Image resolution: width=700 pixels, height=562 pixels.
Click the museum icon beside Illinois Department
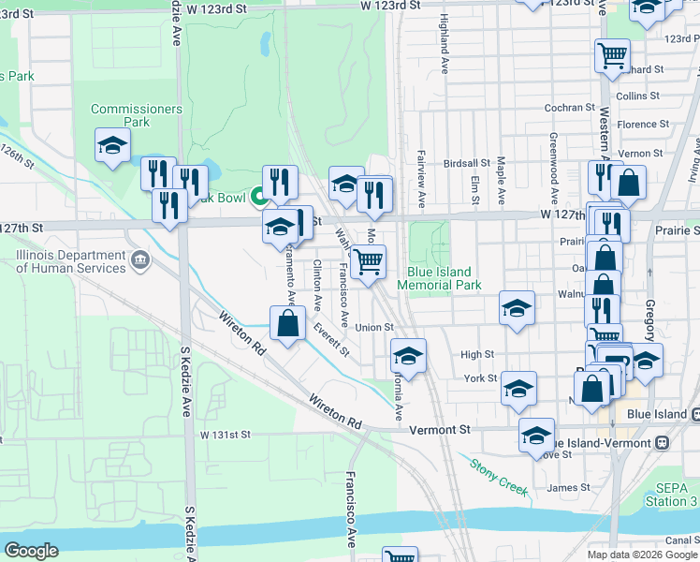click(x=140, y=259)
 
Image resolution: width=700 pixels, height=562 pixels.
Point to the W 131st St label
click(x=226, y=436)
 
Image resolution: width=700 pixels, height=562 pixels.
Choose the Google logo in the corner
click(x=32, y=550)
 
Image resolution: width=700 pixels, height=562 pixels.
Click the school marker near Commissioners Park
click(x=112, y=145)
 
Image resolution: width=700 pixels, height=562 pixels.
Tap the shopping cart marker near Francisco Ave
click(x=369, y=260)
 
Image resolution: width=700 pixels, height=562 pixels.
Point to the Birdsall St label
click(x=467, y=162)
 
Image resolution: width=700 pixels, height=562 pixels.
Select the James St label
click(x=569, y=487)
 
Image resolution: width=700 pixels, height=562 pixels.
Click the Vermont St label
click(x=451, y=428)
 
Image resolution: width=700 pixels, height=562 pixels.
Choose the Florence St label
click(x=643, y=124)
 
